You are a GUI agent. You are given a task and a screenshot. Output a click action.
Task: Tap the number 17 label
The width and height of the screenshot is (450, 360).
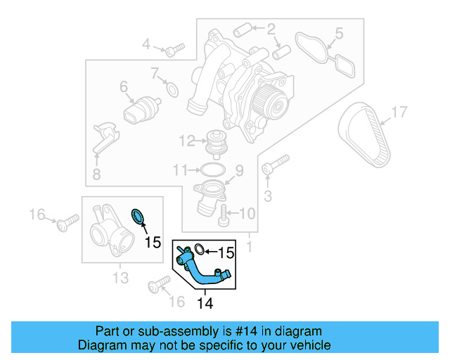399,111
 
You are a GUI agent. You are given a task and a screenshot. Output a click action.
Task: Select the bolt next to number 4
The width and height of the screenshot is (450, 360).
174,49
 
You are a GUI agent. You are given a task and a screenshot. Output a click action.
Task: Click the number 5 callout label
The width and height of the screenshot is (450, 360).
338,32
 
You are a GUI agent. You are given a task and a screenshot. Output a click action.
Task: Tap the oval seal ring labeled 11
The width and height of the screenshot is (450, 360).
212,169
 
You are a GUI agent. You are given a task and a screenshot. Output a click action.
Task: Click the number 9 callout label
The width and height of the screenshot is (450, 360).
238,170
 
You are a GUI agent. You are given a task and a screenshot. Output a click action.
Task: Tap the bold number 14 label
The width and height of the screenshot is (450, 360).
204,304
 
